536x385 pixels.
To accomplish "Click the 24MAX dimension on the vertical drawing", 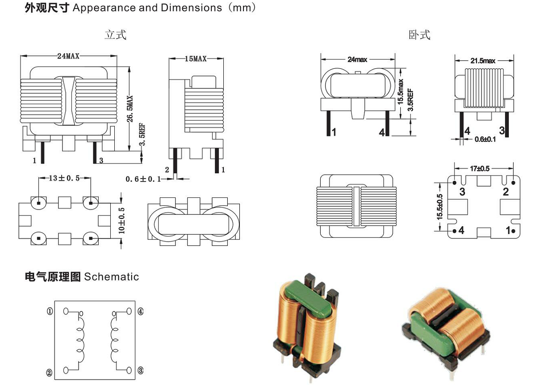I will pyautogui.click(x=68, y=56).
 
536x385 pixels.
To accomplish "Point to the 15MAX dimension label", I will pyautogui.click(x=196, y=59).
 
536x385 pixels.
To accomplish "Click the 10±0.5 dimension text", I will pyautogui.click(x=122, y=219).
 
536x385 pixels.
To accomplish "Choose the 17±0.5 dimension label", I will pyautogui.click(x=480, y=169).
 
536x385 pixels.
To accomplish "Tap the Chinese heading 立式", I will pyautogui.click(x=115, y=35).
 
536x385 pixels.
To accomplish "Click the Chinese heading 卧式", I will pyautogui.click(x=419, y=35).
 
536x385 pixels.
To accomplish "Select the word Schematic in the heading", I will pyautogui.click(x=112, y=277).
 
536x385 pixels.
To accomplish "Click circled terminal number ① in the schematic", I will pyautogui.click(x=50, y=311).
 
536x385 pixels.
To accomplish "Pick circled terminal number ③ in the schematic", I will pyautogui.click(x=140, y=370).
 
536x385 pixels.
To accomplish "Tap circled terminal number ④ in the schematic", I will pyautogui.click(x=140, y=311).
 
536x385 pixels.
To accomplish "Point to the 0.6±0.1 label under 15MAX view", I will pyautogui.click(x=142, y=179).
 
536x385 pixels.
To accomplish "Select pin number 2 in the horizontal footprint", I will pyautogui.click(x=506, y=192).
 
